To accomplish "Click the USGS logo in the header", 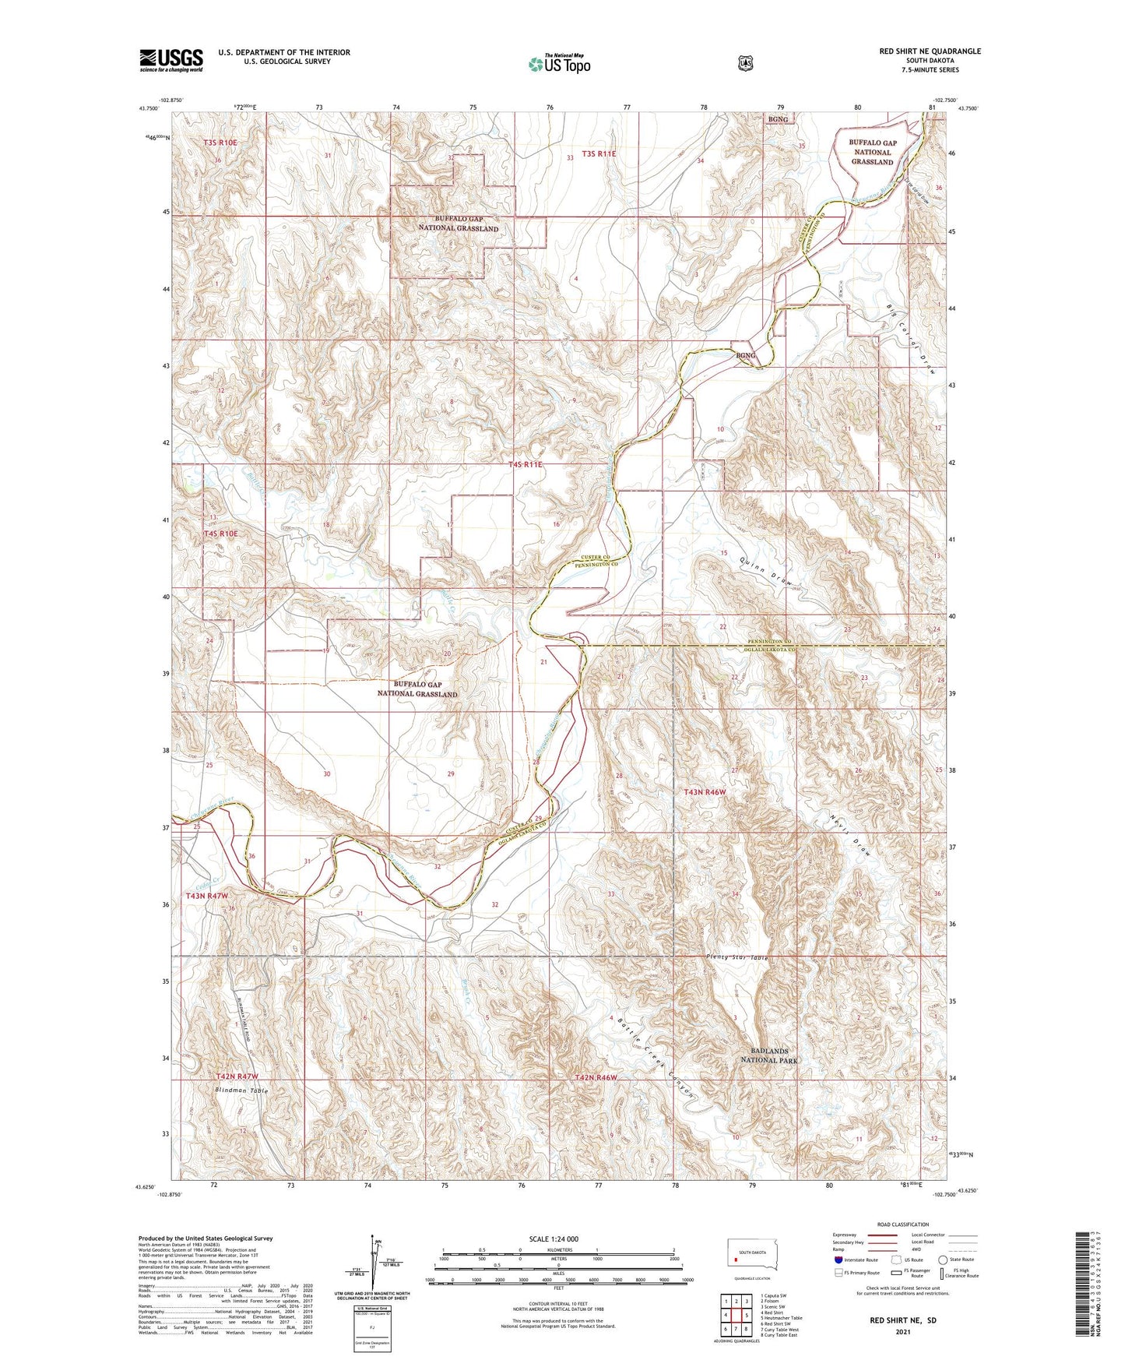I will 171,60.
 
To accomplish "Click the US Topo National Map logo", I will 558,64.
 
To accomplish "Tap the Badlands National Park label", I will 768,1055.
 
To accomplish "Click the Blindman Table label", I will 241,1090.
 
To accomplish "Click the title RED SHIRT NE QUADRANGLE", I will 930,51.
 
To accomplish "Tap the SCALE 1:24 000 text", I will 553,1239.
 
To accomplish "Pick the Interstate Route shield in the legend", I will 838,1259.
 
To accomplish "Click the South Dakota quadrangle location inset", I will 747,1255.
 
